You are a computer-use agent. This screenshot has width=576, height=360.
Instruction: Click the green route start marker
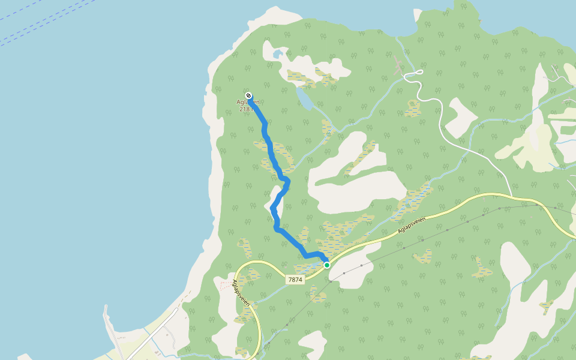tap(327, 265)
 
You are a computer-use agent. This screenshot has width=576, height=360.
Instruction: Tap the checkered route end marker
tap(248, 95)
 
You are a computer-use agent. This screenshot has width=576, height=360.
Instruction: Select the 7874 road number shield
tap(295, 279)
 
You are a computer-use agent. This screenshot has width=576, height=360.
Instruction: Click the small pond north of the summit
tap(277, 55)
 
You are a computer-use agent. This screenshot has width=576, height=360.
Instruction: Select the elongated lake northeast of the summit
tap(304, 99)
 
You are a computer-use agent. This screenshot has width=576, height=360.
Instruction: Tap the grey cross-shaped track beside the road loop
tap(398, 65)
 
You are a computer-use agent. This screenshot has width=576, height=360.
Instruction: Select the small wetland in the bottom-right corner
tap(546, 306)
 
